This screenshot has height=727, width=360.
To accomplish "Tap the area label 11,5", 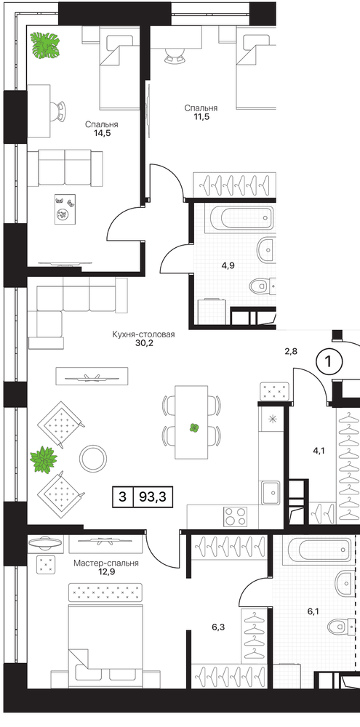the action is click(x=201, y=116).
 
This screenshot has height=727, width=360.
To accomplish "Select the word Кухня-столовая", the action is click(x=143, y=334).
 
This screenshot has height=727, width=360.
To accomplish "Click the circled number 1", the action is click(x=329, y=361).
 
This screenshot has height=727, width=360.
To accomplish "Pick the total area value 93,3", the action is click(x=153, y=497).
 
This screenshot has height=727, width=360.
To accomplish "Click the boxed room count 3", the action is click(x=122, y=497).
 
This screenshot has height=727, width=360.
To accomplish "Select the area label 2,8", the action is click(x=290, y=351).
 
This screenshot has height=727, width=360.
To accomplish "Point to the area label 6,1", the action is click(x=313, y=611).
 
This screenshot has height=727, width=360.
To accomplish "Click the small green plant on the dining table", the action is click(x=194, y=427).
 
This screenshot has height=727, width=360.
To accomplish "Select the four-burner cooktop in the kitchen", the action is click(x=236, y=516).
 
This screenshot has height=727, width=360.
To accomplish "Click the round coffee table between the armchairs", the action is click(x=93, y=458).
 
